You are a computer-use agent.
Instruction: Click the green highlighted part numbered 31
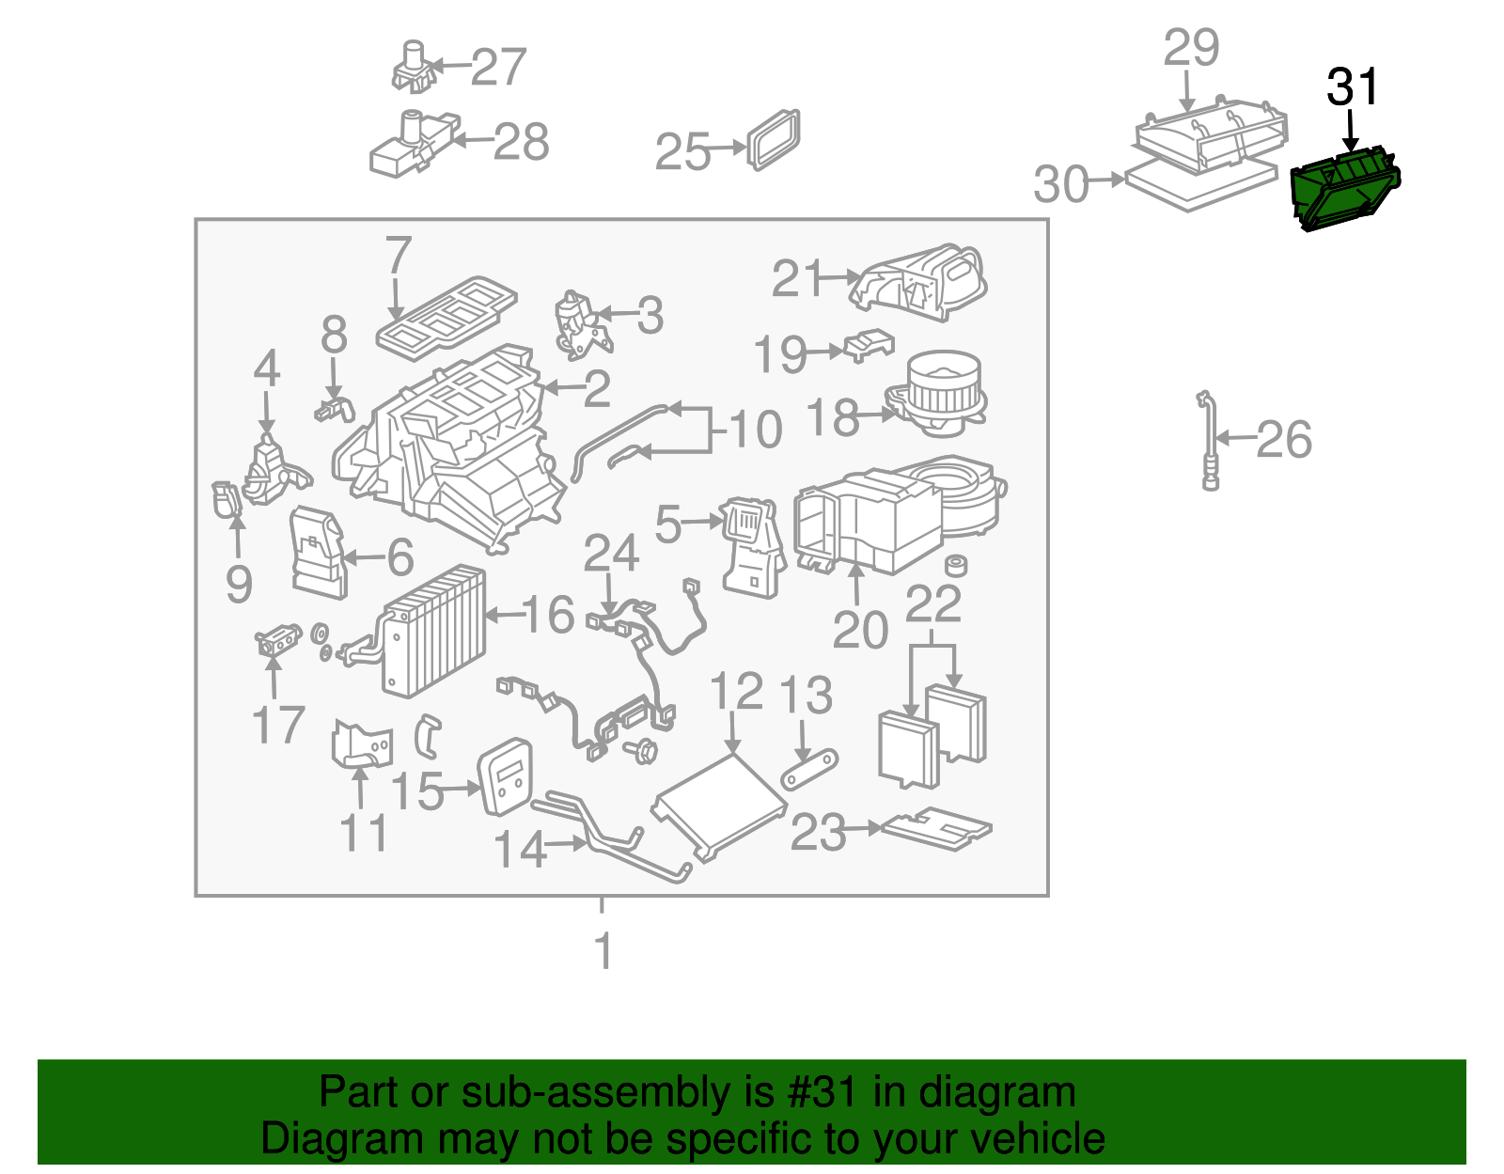[1344, 192]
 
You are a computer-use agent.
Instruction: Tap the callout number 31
[1353, 87]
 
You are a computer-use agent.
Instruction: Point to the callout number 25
[682, 151]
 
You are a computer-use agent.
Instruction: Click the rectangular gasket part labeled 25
[775, 139]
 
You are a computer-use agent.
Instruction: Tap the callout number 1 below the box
[603, 950]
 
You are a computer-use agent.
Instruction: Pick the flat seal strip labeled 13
[809, 770]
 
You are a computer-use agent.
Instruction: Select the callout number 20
[859, 630]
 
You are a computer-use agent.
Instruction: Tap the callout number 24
[611, 554]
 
